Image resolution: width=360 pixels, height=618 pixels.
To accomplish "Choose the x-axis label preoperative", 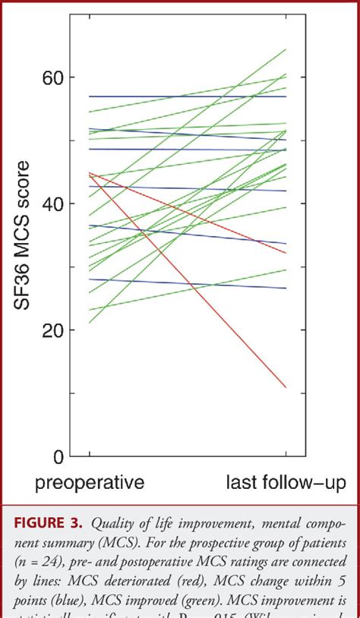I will coord(90,482).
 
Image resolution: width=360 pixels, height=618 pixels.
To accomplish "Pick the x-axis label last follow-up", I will coord(287,482).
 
